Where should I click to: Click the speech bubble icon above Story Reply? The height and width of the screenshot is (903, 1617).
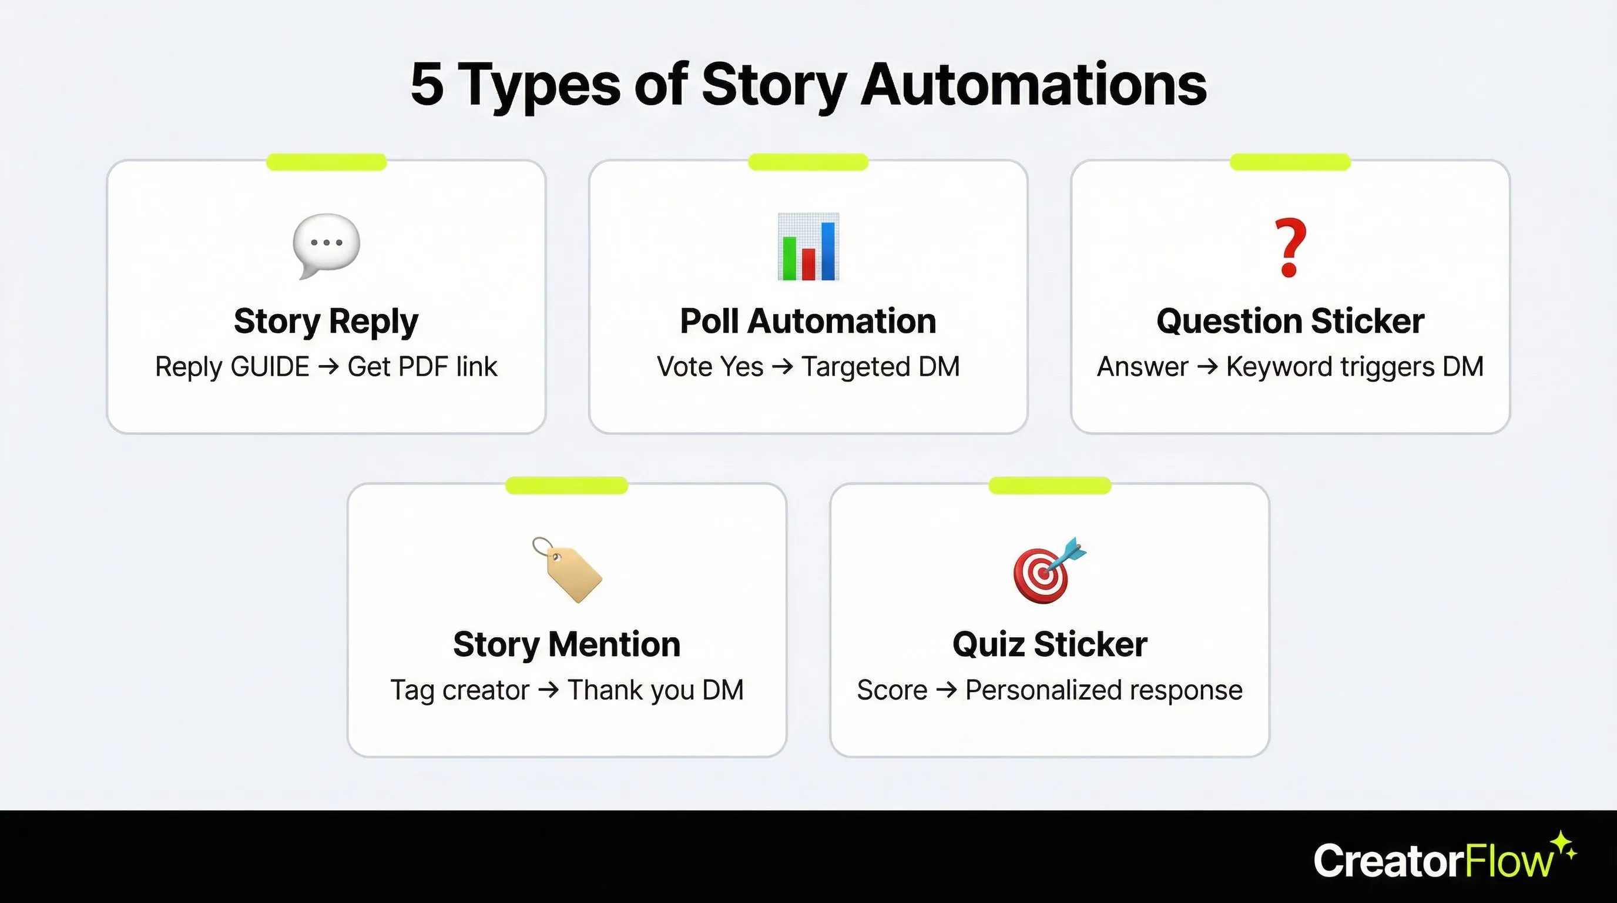point(327,245)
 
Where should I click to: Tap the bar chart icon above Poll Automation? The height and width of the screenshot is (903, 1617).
point(808,248)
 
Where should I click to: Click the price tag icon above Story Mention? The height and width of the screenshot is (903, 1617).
point(567,570)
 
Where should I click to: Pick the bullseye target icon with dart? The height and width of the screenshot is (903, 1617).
point(1049,570)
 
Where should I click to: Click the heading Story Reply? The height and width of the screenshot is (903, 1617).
point(326,322)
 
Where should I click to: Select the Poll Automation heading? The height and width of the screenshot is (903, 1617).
point(808,322)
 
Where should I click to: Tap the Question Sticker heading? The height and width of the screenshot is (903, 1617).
point(1290,322)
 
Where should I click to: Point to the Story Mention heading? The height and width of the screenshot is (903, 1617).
point(567,644)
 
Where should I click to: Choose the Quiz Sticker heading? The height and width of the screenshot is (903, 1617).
point(1049,644)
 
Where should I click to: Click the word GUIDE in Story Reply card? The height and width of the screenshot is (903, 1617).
point(270,367)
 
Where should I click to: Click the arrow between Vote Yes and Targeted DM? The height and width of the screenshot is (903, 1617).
point(783,366)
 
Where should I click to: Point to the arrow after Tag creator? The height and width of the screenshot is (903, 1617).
point(549,690)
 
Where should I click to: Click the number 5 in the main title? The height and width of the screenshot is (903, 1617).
point(428,84)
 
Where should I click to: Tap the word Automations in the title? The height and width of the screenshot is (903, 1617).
point(1032,84)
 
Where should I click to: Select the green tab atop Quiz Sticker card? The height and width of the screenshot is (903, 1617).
point(1049,486)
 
